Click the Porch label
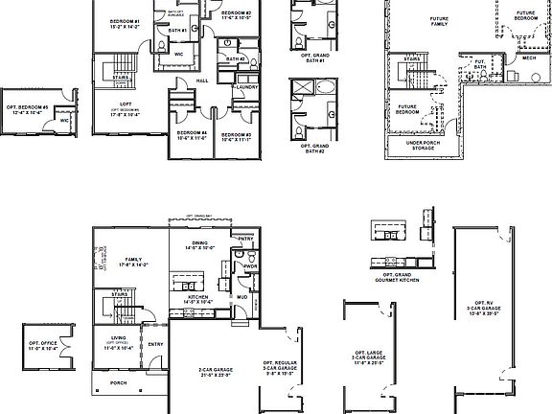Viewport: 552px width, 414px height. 118,383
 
